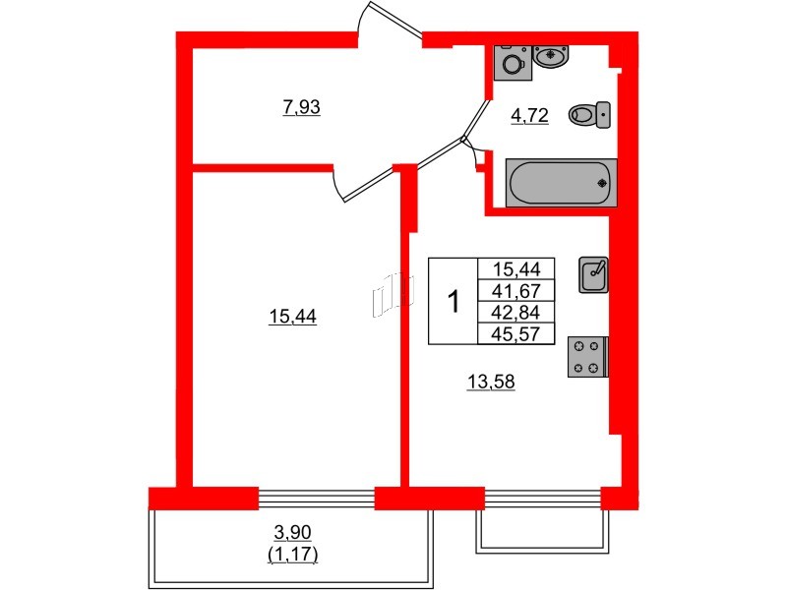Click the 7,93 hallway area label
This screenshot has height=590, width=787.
click(x=302, y=107)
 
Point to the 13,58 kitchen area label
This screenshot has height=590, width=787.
click(x=491, y=382)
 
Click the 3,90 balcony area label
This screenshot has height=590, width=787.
click(x=291, y=532)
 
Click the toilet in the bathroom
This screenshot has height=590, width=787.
click(x=589, y=116)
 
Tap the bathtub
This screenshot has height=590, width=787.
click(x=561, y=182)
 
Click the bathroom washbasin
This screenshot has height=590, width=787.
click(x=552, y=55)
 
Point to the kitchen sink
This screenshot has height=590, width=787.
click(x=594, y=273)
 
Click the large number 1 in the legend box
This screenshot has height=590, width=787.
click(x=454, y=301)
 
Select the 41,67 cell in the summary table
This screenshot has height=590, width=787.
click(x=515, y=291)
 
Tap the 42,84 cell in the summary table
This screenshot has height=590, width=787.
click(x=515, y=313)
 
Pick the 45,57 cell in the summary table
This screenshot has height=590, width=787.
click(x=515, y=334)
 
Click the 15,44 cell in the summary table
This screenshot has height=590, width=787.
click(x=515, y=268)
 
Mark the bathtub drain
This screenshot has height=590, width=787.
click(x=602, y=182)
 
